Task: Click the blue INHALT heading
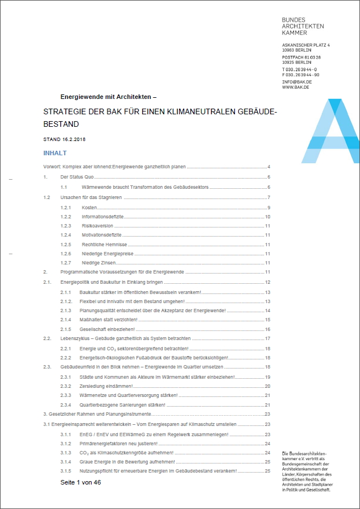pyautogui.click(x=55, y=153)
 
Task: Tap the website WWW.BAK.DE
pyautogui.click(x=295, y=87)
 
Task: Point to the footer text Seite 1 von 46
pyautogui.click(x=81, y=482)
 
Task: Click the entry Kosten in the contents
pyautogui.click(x=89, y=207)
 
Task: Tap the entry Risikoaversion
pyautogui.click(x=96, y=226)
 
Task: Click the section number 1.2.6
pyautogui.click(x=65, y=254)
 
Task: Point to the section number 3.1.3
pyautogui.click(x=65, y=453)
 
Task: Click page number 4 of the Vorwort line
pyautogui.click(x=268, y=167)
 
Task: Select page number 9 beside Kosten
pyautogui.click(x=268, y=207)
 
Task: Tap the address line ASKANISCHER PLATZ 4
pyautogui.click(x=306, y=44)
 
